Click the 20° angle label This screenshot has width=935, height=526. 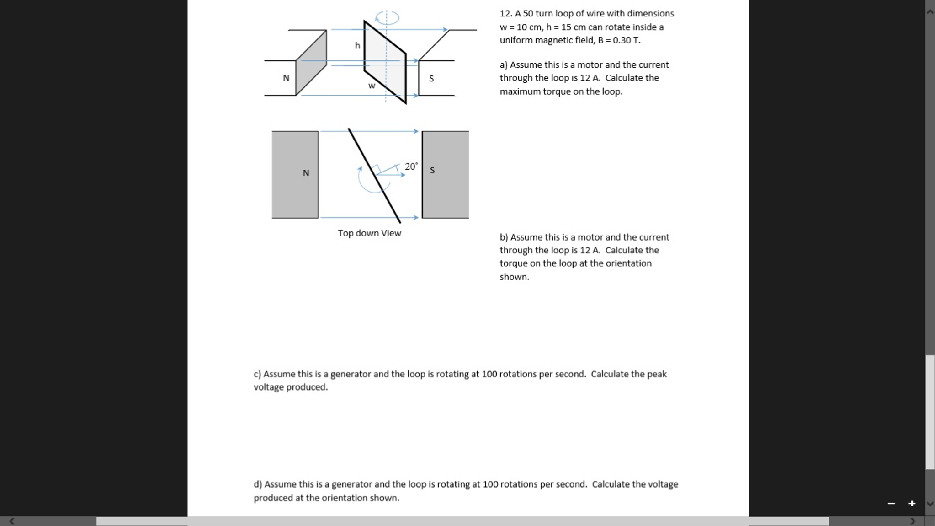pyautogui.click(x=411, y=166)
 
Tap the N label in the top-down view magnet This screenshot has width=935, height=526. pyautogui.click(x=306, y=173)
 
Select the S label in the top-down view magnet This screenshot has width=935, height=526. pyautogui.click(x=432, y=170)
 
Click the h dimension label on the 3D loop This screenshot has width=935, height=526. pyautogui.click(x=357, y=46)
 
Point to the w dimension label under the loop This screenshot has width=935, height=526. pyautogui.click(x=372, y=86)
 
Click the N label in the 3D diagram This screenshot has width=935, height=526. pyautogui.click(x=286, y=78)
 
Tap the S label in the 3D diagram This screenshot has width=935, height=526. pyautogui.click(x=431, y=79)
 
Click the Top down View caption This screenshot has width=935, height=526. pyautogui.click(x=369, y=233)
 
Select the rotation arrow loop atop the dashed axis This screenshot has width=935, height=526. pyautogui.click(x=387, y=18)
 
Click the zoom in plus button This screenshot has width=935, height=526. pyautogui.click(x=912, y=503)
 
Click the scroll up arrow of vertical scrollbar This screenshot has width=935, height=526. pyautogui.click(x=930, y=11)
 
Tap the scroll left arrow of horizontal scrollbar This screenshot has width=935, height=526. pyautogui.click(x=11, y=521)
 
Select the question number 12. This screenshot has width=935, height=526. pyautogui.click(x=505, y=14)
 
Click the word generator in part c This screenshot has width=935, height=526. pyautogui.click(x=351, y=374)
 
